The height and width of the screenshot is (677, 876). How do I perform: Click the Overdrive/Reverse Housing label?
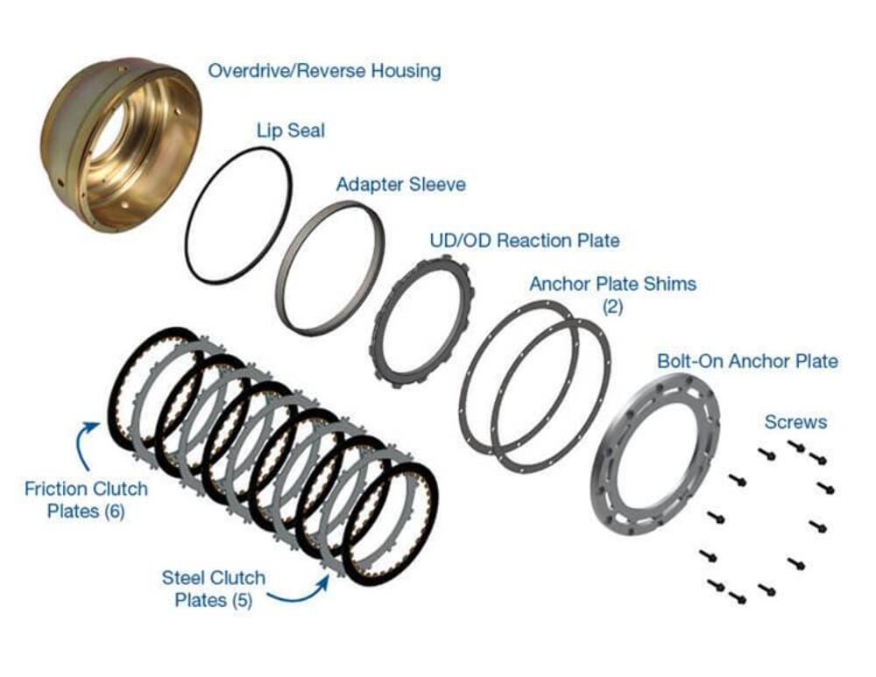[x=324, y=71]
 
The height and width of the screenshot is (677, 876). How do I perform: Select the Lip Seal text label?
[x=290, y=130]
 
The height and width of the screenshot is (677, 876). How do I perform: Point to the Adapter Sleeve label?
[x=400, y=185]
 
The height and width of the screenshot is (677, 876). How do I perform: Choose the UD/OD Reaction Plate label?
[x=524, y=240]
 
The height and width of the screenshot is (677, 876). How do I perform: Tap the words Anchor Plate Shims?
[x=612, y=284]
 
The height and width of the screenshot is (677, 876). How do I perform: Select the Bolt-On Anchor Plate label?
[x=747, y=361]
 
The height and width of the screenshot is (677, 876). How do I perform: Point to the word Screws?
[x=795, y=422]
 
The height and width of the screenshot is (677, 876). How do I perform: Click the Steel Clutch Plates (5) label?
[x=214, y=589]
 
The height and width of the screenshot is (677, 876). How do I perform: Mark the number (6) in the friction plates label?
[x=114, y=511]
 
